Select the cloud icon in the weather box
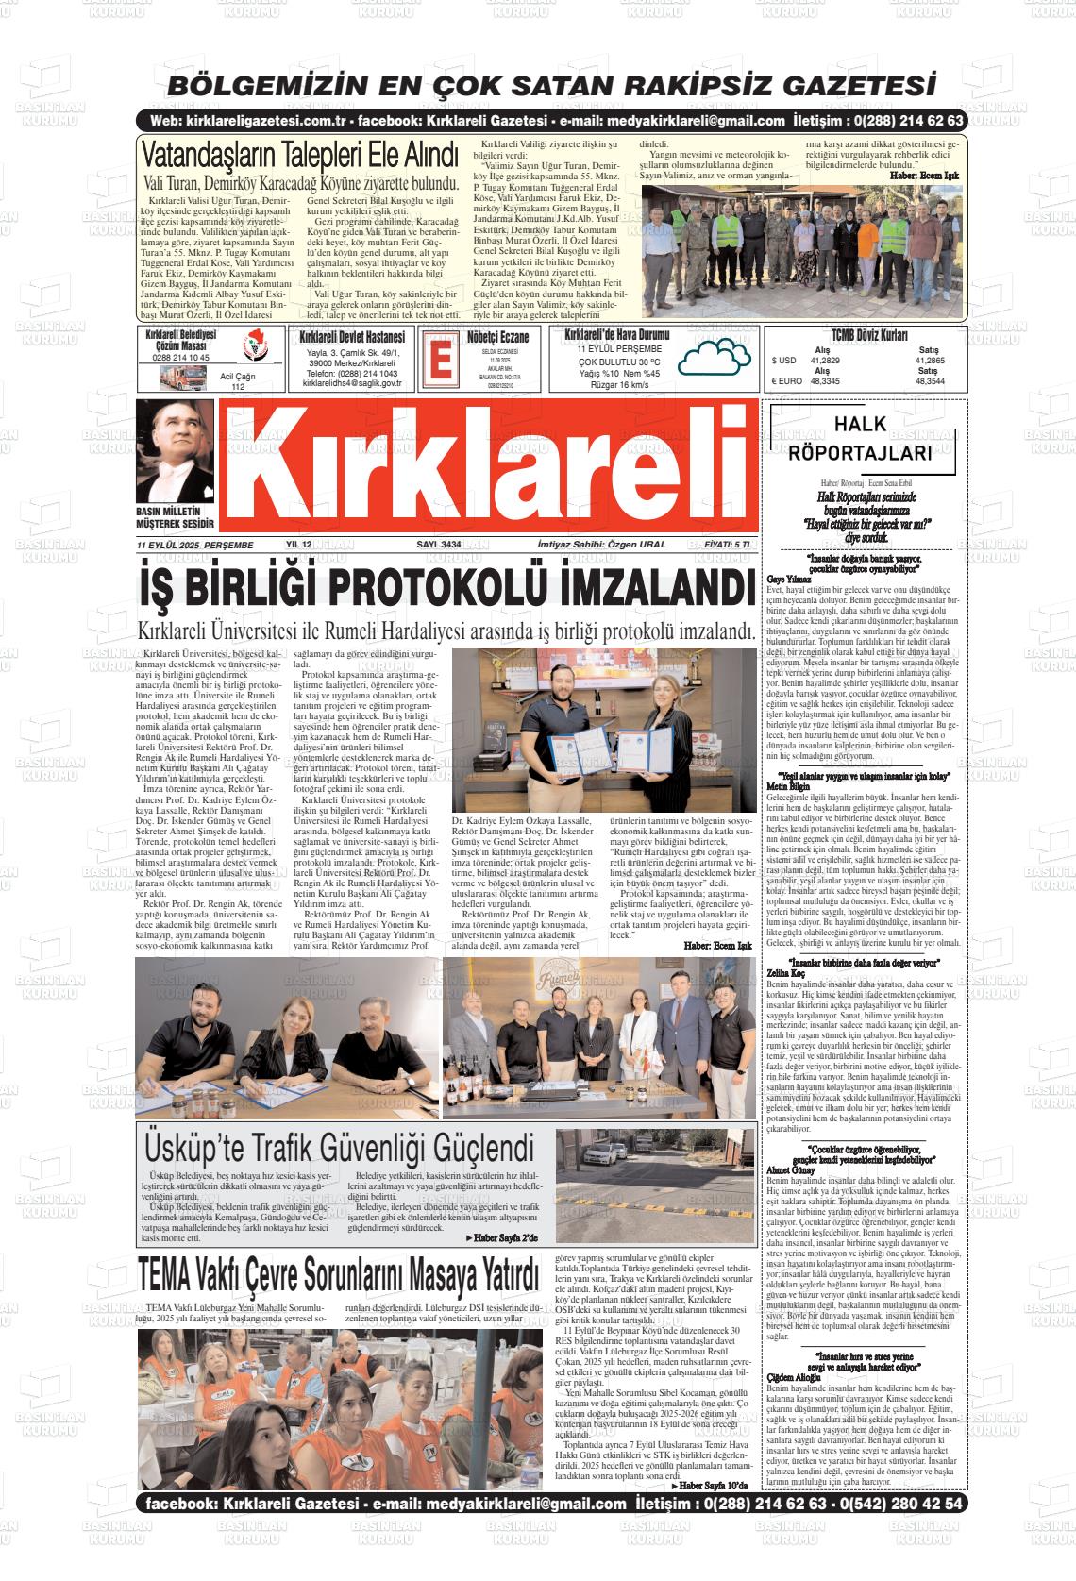pyautogui.click(x=713, y=360)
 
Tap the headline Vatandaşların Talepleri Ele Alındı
pyautogui.click(x=299, y=154)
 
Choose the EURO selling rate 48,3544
pyautogui.click(x=929, y=381)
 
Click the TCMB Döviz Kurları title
pyautogui.click(x=869, y=335)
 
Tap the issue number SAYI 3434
pyautogui.click(x=438, y=545)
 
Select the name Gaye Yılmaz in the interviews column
pyautogui.click(x=790, y=578)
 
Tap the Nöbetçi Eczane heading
pyautogui.click(x=496, y=336)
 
